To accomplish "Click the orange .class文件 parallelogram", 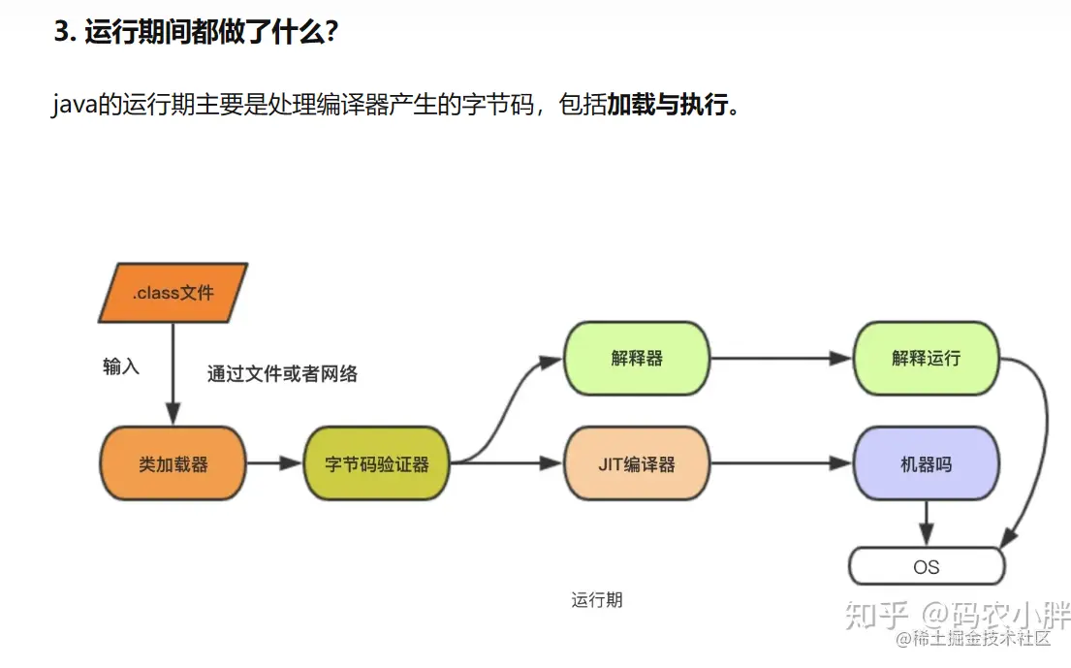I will (173, 292).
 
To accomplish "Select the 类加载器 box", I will (173, 464).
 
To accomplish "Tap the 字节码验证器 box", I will (377, 464).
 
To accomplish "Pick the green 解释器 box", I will (637, 358).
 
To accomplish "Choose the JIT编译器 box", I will (637, 464).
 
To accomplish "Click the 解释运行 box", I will (926, 358).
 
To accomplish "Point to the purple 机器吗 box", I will (926, 464).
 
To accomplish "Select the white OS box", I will (926, 566).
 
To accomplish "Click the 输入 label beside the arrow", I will (121, 366).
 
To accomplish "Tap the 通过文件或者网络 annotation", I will (282, 374).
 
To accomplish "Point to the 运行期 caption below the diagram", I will (597, 600).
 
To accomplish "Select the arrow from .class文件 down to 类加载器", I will (173, 373).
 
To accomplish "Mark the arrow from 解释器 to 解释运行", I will (781, 358).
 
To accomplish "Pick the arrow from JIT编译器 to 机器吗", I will (781, 464).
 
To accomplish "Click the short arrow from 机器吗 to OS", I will (926, 523).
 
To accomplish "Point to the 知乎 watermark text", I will (877, 615).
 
